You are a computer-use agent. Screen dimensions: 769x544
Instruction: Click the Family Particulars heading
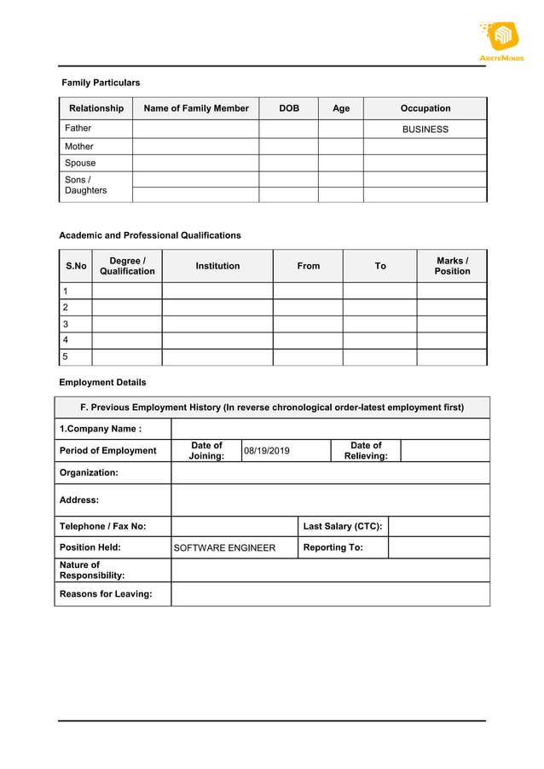point(101,83)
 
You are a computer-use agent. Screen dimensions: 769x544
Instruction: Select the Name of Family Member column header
point(196,108)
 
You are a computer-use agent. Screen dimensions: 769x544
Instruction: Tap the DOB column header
point(289,108)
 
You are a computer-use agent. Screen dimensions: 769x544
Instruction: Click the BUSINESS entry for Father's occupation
point(425,130)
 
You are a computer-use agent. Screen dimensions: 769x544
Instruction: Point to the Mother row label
point(79,147)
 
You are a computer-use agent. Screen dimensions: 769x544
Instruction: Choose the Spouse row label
point(80,163)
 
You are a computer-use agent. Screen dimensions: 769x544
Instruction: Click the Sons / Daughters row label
point(86,185)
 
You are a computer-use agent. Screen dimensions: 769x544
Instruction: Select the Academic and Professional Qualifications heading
point(150,235)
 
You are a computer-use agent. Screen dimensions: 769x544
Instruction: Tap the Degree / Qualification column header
point(127,266)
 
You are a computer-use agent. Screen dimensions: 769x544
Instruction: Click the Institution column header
point(217,266)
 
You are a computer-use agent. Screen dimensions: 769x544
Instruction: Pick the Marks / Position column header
point(452,266)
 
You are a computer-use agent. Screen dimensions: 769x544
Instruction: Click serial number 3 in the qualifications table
point(66,324)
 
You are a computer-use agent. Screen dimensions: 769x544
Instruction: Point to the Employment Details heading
point(102,383)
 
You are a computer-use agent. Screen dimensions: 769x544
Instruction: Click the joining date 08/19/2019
point(267,450)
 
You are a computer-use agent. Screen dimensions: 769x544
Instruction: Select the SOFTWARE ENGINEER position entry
point(224,547)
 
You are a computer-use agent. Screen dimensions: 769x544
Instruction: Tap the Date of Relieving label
point(366,450)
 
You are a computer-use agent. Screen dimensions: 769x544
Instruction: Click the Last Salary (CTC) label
point(343,526)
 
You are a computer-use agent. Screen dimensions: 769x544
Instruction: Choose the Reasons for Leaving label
point(106,594)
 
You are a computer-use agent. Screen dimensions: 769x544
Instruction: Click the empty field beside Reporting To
point(438,547)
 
